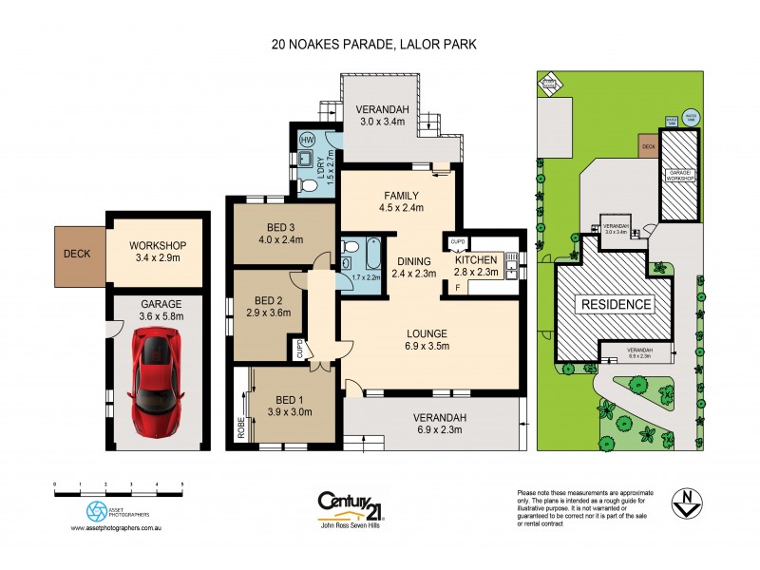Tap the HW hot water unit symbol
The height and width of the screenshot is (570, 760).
[x=307, y=139]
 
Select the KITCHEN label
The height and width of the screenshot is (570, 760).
[x=476, y=260]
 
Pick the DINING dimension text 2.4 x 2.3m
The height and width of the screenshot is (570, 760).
[x=414, y=274]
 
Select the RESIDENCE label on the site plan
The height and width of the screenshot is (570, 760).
[x=615, y=305]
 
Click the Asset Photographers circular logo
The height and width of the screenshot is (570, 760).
[x=96, y=511]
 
